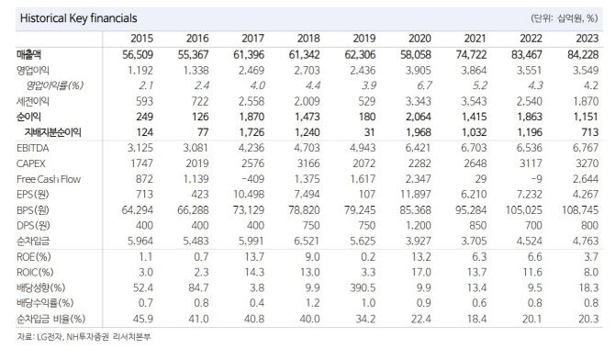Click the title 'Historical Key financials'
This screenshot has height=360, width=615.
click(x=78, y=18)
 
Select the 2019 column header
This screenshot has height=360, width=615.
click(x=364, y=39)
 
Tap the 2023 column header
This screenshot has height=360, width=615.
click(x=587, y=39)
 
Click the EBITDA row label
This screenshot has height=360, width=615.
click(x=33, y=148)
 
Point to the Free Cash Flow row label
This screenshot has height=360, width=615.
click(x=49, y=179)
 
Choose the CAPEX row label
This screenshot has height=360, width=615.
click(x=31, y=163)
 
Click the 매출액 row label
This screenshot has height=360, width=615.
click(x=28, y=54)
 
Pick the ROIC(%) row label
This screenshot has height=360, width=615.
click(x=35, y=272)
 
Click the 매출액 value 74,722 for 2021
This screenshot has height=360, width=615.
click(x=471, y=54)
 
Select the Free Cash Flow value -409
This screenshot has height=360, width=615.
click(x=252, y=179)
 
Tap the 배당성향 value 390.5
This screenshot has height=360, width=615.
click(x=363, y=287)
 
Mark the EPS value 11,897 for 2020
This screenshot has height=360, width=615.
click(x=416, y=195)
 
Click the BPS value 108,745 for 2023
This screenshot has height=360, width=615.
click(x=580, y=210)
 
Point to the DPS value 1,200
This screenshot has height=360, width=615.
click(x=419, y=225)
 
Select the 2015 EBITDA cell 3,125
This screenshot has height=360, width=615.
click(x=140, y=148)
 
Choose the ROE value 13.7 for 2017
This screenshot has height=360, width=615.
click(x=254, y=257)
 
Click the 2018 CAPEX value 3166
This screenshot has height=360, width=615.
click(x=308, y=163)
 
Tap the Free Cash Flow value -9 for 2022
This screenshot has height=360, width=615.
click(x=536, y=179)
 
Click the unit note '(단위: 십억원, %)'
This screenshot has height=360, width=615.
click(x=564, y=18)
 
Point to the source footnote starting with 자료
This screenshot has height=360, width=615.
click(x=84, y=337)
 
